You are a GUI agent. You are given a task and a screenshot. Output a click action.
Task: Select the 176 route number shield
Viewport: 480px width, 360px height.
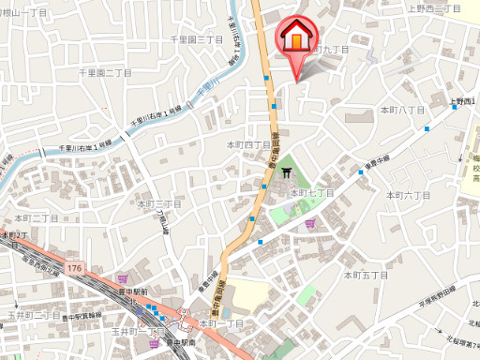[x=74, y=268]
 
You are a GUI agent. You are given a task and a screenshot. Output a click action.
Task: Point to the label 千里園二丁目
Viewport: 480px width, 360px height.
[x=104, y=72]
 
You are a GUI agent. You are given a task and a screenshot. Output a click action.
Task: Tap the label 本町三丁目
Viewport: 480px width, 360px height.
[x=158, y=203]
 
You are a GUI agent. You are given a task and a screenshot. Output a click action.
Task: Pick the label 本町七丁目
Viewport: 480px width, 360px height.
[x=312, y=192]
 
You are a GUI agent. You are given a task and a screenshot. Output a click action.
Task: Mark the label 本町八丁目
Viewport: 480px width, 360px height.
[x=401, y=111]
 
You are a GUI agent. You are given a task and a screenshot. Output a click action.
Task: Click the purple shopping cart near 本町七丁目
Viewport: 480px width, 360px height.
[x=310, y=222]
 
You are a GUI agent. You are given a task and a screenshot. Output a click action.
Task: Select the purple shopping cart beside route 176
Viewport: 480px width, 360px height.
[x=125, y=277]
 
